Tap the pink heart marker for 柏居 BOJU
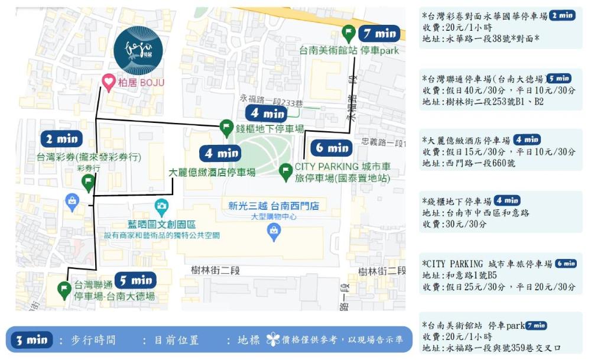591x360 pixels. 109,82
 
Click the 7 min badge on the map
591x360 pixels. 379,34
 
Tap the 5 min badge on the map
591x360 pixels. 135,280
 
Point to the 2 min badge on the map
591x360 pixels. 61,139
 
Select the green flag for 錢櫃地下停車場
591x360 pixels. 226,127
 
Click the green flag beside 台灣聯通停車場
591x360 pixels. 64,290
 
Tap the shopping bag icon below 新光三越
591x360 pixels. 274,233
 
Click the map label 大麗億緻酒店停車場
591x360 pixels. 212,173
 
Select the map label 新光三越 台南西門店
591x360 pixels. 274,206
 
